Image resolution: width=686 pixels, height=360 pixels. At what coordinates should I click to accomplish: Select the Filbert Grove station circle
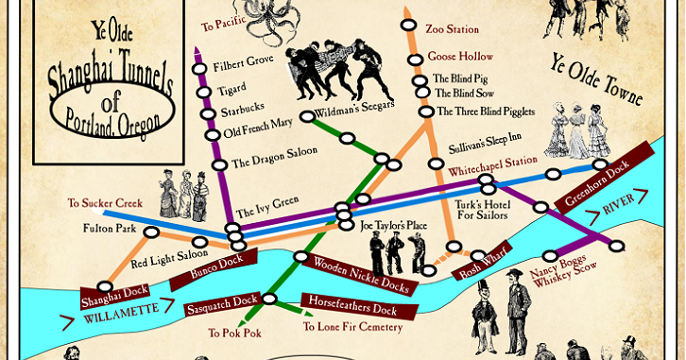click(x=199, y=68)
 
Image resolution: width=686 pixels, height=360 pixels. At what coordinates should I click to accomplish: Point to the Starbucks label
click(x=243, y=111)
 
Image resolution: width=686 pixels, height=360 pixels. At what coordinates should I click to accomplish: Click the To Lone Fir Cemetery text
click(x=352, y=328)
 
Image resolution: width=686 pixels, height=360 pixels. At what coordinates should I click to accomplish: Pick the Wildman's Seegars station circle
click(x=307, y=116)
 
